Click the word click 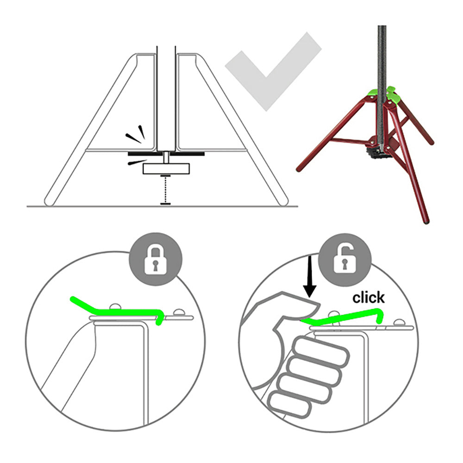[369, 298]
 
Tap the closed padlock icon [155, 260]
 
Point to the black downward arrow [310, 276]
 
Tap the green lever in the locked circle [118, 311]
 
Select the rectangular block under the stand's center [166, 169]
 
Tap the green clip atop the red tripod [382, 94]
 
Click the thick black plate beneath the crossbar [166, 154]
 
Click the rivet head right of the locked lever [179, 313]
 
